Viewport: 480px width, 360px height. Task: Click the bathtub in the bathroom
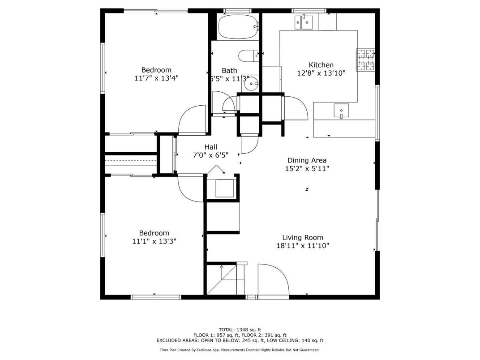pos(238,26)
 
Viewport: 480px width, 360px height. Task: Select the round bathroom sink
pos(253,83)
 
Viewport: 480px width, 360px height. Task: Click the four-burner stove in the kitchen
pos(365,60)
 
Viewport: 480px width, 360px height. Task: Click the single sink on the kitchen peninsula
pos(342,110)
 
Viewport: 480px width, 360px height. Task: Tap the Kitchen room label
pos(321,65)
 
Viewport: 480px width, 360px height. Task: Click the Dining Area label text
pos(307,160)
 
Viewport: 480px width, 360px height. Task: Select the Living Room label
pos(302,237)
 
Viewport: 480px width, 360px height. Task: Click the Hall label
pos(210,147)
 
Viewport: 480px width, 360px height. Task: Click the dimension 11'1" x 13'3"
pos(154,241)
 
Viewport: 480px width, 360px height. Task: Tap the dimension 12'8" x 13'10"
pos(321,73)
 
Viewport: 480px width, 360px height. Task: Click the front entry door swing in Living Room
pos(273,280)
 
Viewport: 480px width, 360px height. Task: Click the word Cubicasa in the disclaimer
pos(204,350)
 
